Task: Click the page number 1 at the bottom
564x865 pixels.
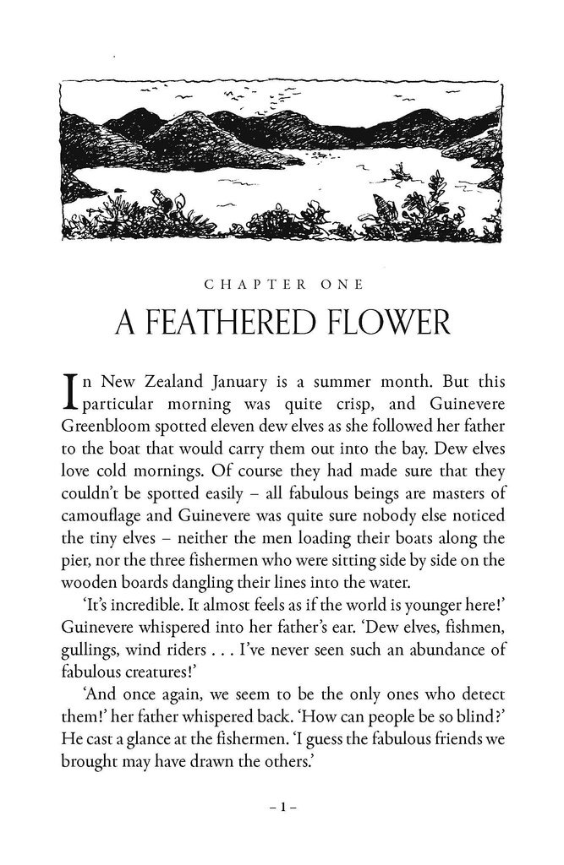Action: click(282, 807)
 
